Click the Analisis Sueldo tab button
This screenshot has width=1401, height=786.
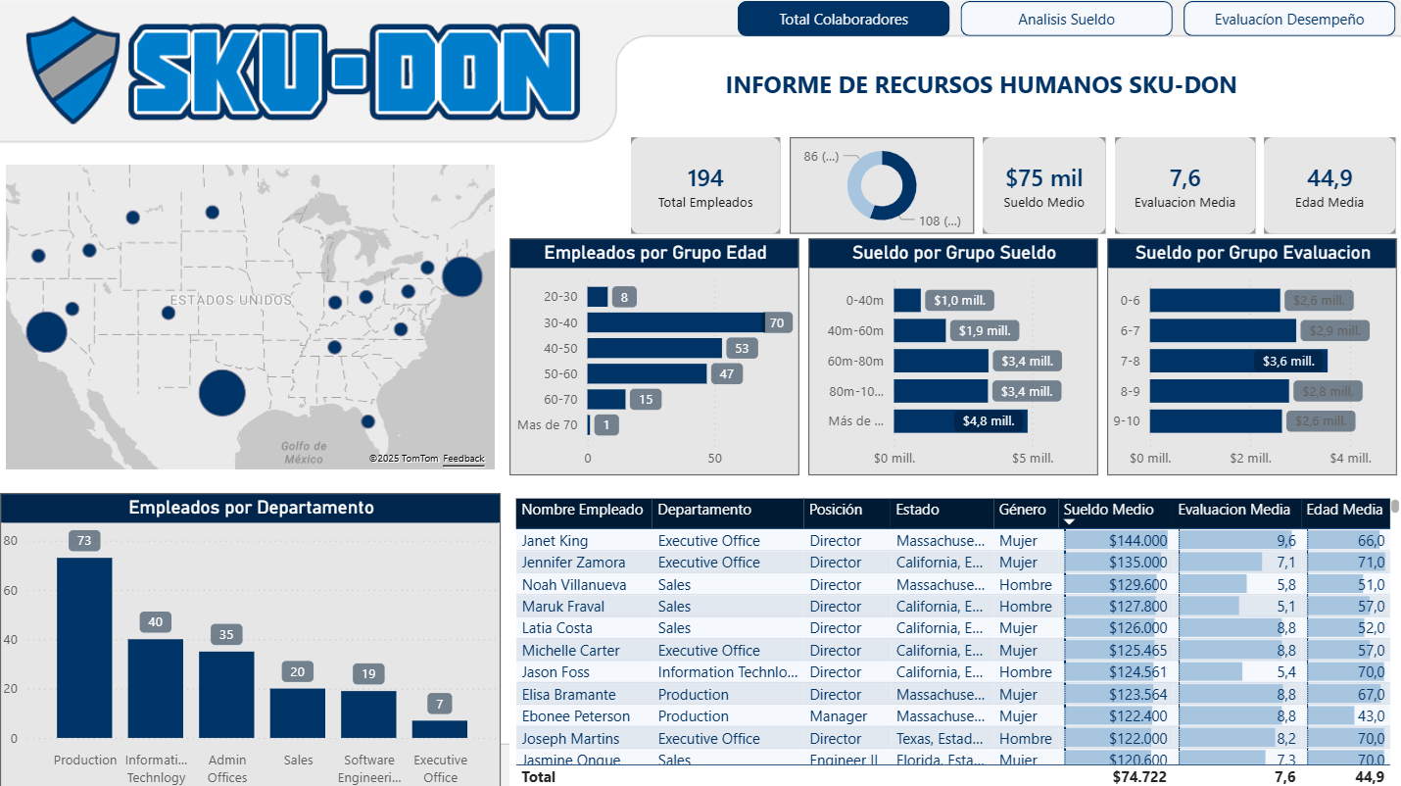(1066, 19)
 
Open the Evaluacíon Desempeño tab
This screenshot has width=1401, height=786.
(1288, 19)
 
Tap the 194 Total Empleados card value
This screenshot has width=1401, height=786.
(704, 178)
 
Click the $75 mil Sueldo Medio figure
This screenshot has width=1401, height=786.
(1043, 178)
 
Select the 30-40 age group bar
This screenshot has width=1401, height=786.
(676, 322)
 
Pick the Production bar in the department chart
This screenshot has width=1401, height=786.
(84, 647)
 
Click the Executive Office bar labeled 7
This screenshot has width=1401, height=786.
(440, 728)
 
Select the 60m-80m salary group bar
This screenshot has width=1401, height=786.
(941, 361)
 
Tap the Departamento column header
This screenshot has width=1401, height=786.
(704, 510)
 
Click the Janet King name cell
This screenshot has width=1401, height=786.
(555, 541)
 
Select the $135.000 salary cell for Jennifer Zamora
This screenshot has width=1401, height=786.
(1137, 563)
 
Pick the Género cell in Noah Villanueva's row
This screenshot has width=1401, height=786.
(1025, 585)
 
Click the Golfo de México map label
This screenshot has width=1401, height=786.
(304, 452)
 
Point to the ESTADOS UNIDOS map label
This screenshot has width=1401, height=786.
(230, 300)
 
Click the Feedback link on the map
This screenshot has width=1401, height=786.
(463, 459)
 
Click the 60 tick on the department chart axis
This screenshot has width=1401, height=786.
(11, 591)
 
